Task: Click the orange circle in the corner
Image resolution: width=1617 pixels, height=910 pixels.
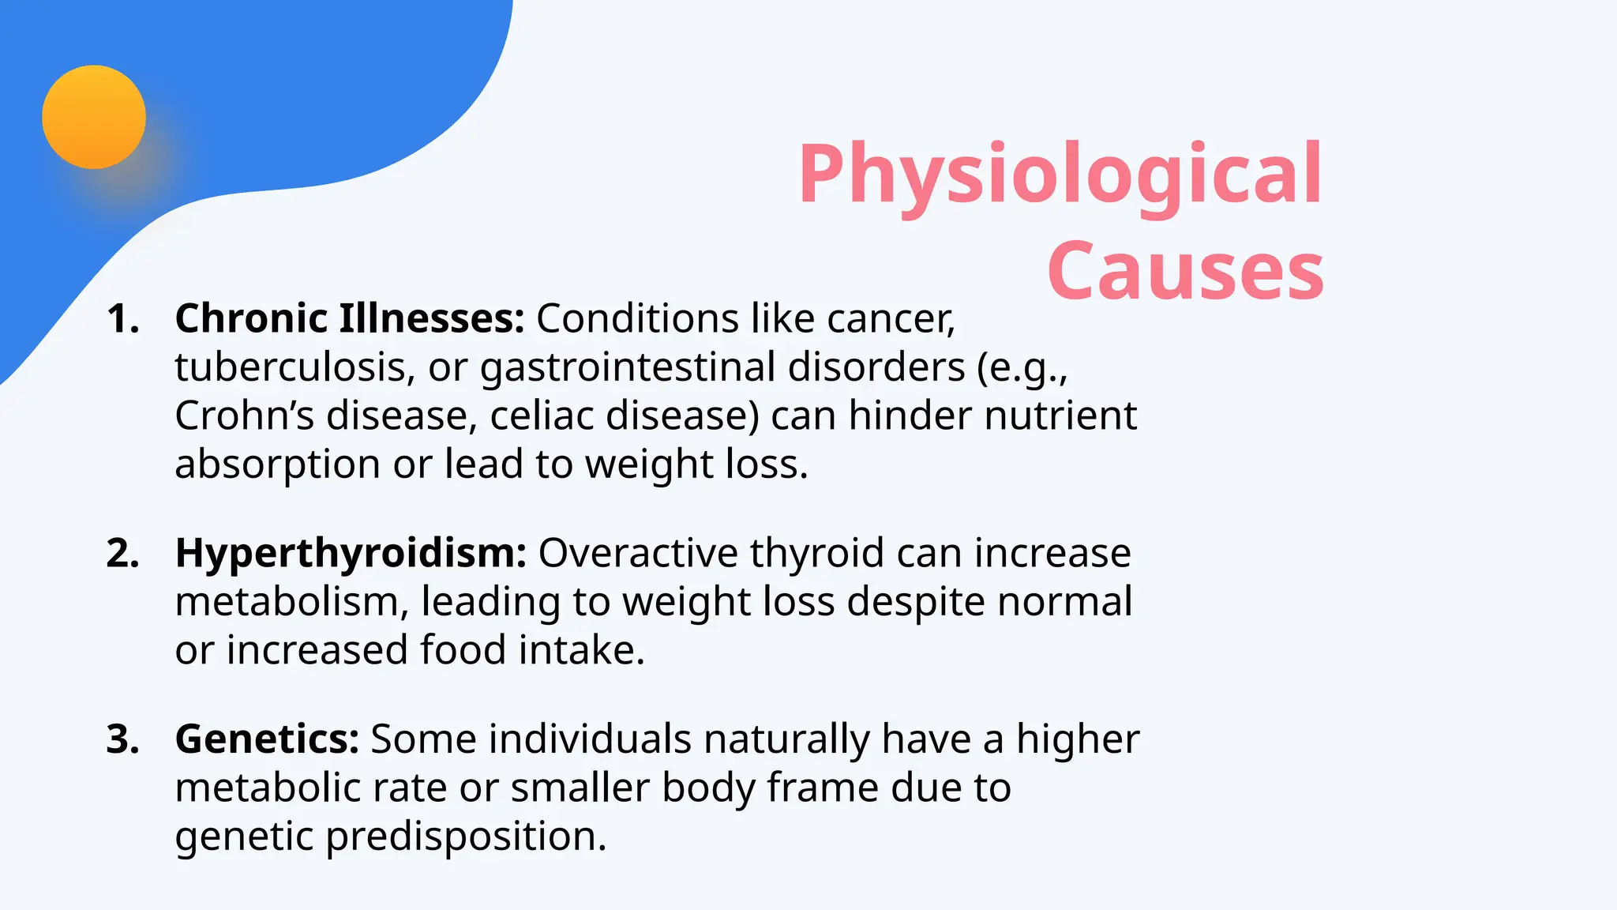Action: click(x=94, y=117)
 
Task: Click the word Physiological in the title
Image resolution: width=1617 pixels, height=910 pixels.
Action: click(x=1060, y=175)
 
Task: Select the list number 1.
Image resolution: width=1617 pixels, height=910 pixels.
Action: click(x=122, y=319)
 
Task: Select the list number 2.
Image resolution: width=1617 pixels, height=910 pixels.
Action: click(x=122, y=554)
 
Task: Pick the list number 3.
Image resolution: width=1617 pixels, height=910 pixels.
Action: click(x=122, y=740)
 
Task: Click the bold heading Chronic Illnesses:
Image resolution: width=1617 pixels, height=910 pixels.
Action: click(x=349, y=319)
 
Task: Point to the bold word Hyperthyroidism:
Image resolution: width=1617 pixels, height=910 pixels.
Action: click(x=351, y=554)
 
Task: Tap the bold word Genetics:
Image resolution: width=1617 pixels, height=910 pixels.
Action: click(x=267, y=740)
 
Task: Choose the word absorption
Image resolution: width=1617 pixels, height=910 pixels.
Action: click(x=277, y=465)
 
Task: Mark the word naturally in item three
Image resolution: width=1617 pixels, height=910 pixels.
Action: click(x=786, y=740)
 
